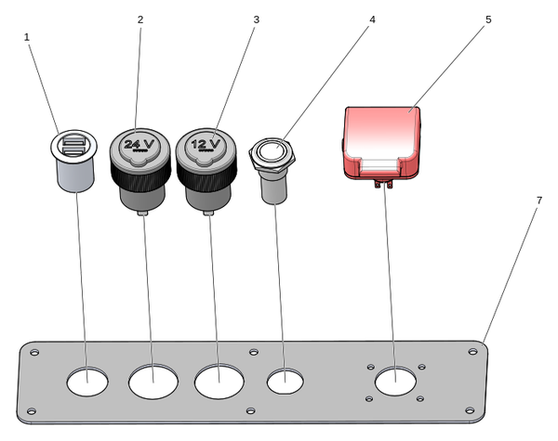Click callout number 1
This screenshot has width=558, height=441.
click(x=27, y=36)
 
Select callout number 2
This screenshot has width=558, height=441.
click(x=140, y=19)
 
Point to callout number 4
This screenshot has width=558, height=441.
click(x=371, y=19)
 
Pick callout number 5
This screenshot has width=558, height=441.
click(x=488, y=19)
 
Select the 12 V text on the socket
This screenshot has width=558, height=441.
click(x=206, y=145)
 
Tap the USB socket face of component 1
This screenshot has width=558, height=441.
click(x=72, y=145)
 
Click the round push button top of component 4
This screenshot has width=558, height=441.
click(x=273, y=149)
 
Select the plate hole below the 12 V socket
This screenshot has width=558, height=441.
click(x=219, y=381)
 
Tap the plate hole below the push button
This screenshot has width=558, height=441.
click(x=285, y=381)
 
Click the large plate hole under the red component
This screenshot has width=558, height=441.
click(x=395, y=383)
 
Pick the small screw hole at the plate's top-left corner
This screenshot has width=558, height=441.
click(x=35, y=352)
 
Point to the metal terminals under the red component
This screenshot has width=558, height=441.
click(x=383, y=185)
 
